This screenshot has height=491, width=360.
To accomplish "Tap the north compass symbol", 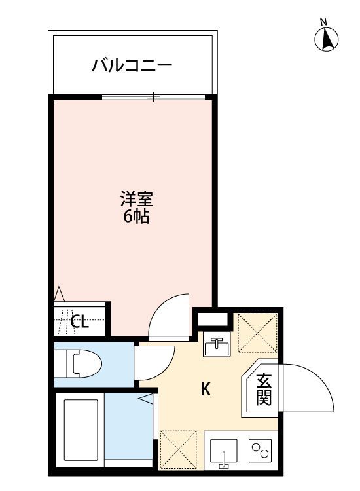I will [327, 39].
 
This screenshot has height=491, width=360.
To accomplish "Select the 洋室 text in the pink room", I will [136, 198].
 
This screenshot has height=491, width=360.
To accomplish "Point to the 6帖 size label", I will [136, 217].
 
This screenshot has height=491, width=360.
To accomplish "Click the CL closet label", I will [79, 321].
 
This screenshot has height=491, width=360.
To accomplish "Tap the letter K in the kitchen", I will [206, 390].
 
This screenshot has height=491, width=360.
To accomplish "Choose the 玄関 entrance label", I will [264, 389].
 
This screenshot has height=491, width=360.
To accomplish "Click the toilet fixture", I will [80, 363].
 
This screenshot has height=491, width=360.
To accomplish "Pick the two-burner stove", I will [261, 450].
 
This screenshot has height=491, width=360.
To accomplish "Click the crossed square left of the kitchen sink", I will [179, 450].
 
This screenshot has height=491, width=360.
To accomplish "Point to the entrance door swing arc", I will [308, 390].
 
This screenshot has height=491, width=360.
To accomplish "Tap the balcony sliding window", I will [154, 98].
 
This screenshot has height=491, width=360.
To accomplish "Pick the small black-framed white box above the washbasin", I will [214, 319].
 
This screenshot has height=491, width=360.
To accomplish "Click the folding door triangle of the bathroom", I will [147, 397].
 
